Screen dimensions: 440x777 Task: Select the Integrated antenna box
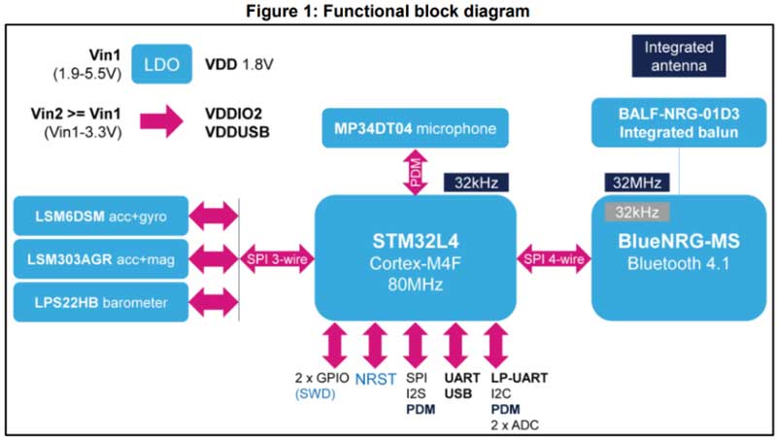point(678,57)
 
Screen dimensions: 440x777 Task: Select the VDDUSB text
point(237,131)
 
